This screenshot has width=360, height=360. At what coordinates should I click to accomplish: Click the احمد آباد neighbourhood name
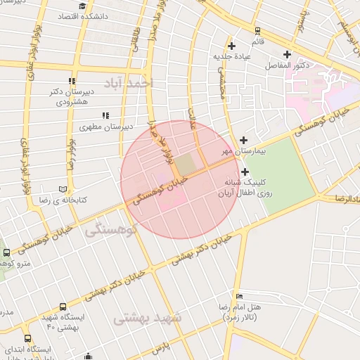(x=127, y=84)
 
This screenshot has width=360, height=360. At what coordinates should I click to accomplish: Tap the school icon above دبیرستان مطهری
(x=105, y=115)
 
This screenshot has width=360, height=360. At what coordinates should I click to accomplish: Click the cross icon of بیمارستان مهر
(x=244, y=140)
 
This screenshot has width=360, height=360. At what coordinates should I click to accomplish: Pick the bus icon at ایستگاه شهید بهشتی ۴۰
(x=63, y=307)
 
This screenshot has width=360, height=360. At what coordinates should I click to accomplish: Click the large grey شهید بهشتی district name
(x=148, y=317)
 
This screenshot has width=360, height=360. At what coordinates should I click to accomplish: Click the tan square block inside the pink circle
(x=185, y=165)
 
